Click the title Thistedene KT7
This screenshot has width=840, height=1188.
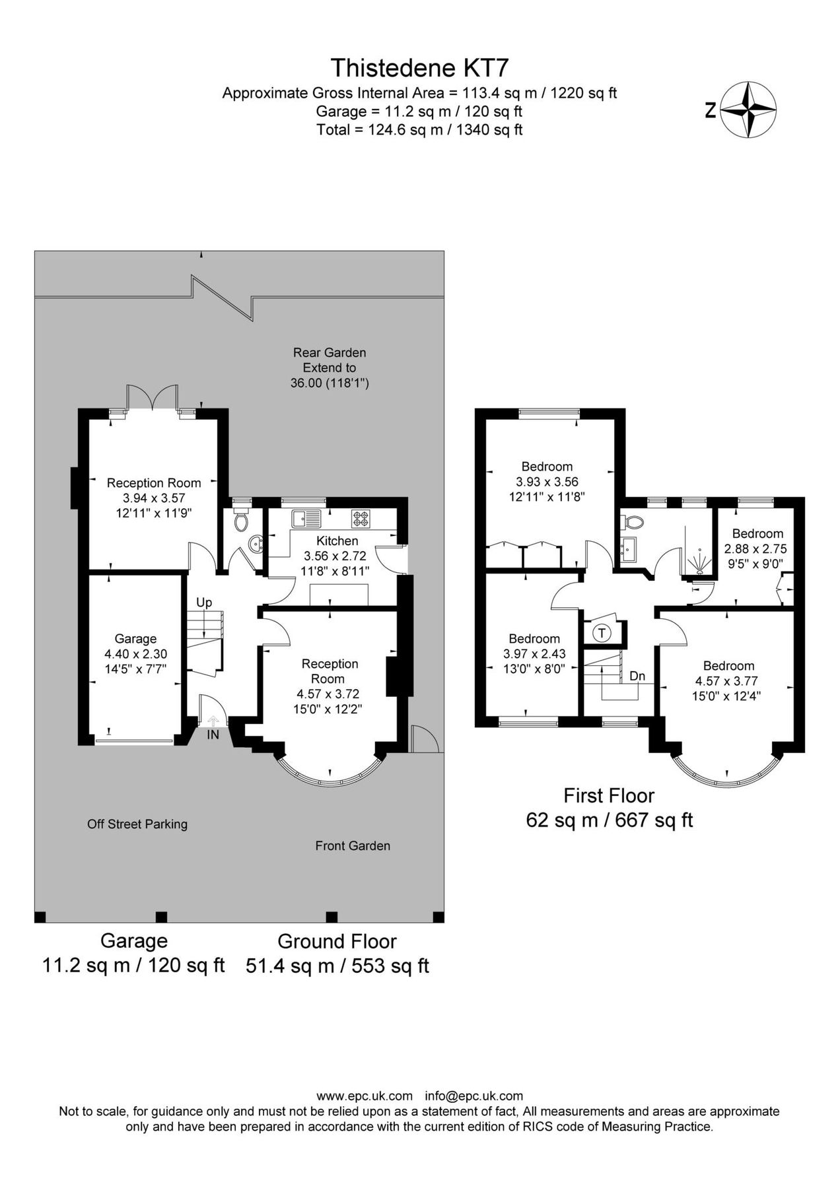click(x=419, y=67)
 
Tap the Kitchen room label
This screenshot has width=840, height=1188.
click(x=337, y=541)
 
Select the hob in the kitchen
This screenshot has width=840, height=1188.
click(x=361, y=519)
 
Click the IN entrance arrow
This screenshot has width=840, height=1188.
click(x=213, y=724)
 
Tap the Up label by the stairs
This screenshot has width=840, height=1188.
click(x=204, y=602)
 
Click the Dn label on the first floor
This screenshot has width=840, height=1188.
click(x=637, y=676)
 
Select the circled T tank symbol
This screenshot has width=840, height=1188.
click(x=602, y=634)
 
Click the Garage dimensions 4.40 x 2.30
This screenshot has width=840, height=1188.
click(x=135, y=654)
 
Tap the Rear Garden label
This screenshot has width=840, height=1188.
click(x=330, y=352)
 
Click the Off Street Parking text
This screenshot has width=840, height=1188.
click(x=137, y=824)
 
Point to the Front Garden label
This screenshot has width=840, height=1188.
click(x=353, y=845)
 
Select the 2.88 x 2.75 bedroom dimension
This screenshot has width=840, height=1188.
click(x=755, y=548)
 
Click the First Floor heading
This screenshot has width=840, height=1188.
click(x=608, y=795)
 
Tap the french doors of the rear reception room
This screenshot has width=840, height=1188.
click(x=153, y=399)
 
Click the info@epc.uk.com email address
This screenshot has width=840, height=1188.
click(x=473, y=1096)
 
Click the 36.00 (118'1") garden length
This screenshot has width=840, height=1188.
click(x=330, y=383)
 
